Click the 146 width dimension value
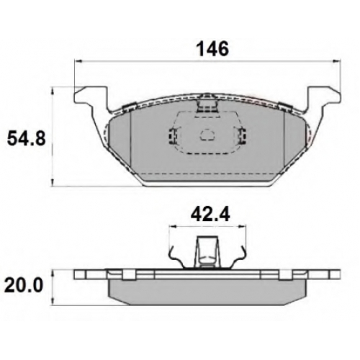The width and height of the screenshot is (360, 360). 212,49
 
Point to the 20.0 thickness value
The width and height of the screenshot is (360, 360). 25,285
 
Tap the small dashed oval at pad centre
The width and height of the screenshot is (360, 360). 208,135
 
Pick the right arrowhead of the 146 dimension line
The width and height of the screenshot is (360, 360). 336,61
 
